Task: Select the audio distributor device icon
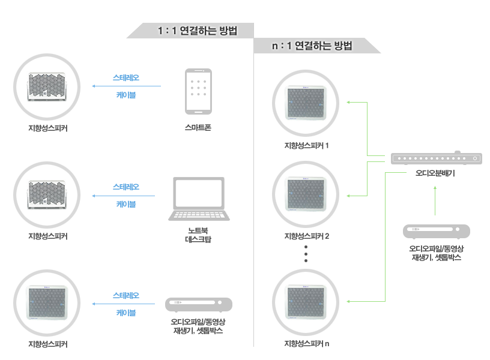point(435,158)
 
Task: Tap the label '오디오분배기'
point(435,173)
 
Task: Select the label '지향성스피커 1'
point(306,146)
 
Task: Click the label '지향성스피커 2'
point(306,236)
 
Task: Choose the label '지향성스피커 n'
point(306,344)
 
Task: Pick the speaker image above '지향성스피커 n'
point(306,304)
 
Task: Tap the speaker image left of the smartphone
point(48,86)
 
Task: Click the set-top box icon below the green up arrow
point(435,232)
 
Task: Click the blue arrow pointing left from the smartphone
point(126,86)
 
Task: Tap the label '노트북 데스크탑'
point(198,235)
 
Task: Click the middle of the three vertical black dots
point(306,254)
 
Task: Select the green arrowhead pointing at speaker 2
point(349,196)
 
